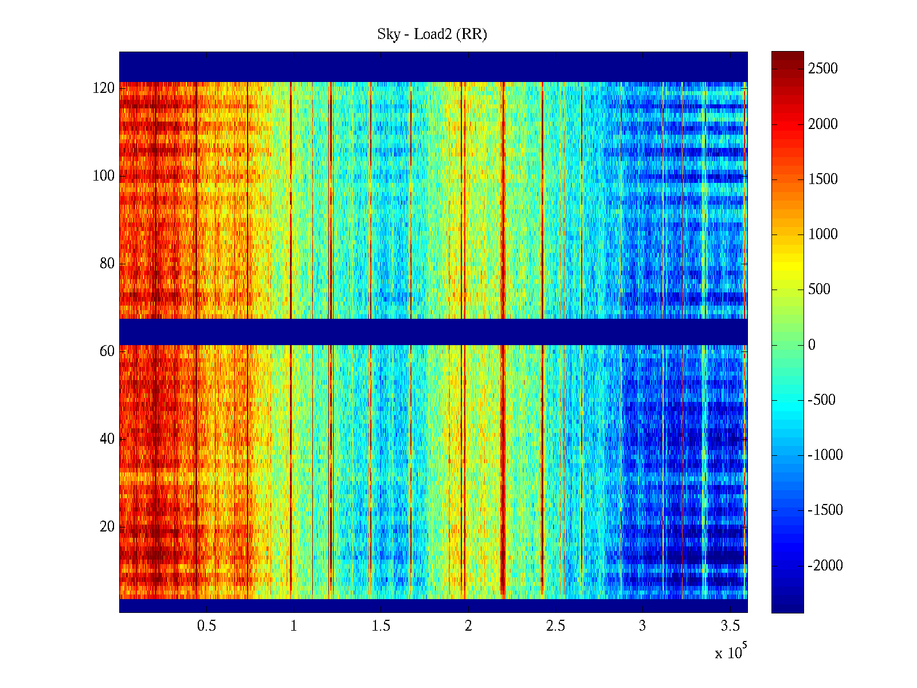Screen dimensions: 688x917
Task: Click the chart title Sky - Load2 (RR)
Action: point(432,34)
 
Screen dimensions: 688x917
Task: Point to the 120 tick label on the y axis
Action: point(104,88)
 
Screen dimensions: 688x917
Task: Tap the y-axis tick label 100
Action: point(104,176)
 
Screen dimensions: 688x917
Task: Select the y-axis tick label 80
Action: point(107,264)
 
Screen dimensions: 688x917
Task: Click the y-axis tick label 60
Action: point(107,351)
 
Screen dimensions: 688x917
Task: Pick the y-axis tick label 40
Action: point(107,439)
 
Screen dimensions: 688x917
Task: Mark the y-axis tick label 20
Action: point(107,527)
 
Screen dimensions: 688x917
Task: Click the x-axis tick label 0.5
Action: point(206,626)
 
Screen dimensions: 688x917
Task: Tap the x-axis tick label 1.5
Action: point(381,626)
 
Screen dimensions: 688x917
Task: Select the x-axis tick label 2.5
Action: point(555,626)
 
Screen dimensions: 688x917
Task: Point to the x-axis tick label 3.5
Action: point(730,626)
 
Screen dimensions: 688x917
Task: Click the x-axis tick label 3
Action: point(642,626)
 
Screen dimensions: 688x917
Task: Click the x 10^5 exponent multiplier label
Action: point(731,652)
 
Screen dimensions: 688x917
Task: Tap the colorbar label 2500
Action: point(823,69)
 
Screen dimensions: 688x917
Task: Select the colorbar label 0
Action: point(812,345)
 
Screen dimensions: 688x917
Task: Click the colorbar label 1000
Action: point(823,234)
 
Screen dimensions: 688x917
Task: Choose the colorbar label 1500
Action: point(823,179)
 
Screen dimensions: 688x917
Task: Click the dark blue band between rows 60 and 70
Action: point(433,332)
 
